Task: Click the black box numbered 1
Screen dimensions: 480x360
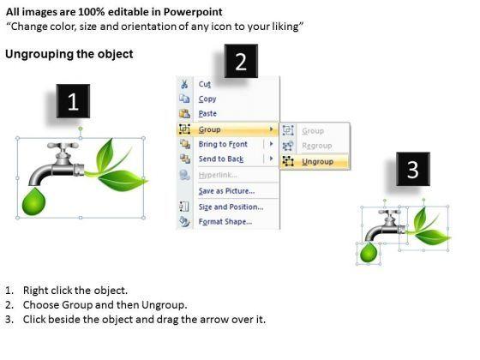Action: point(73,101)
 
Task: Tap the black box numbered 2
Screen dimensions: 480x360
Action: point(241,61)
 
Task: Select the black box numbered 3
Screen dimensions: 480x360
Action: point(413,169)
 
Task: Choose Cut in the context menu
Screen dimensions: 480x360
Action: point(205,84)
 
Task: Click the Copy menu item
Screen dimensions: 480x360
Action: point(207,99)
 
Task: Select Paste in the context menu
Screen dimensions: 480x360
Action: point(207,113)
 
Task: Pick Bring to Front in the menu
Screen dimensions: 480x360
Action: point(223,144)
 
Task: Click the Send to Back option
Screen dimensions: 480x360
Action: point(221,159)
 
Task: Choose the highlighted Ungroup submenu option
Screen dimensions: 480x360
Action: point(317,161)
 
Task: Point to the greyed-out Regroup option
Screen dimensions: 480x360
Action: point(317,146)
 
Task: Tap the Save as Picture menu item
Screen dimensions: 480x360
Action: point(226,191)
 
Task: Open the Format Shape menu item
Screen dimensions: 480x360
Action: point(225,221)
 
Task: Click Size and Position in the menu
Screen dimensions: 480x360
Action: point(231,207)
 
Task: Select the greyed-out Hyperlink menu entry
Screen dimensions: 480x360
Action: point(218,175)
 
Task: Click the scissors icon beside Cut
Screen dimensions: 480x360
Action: point(184,84)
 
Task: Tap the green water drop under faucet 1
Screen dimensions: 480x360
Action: point(33,201)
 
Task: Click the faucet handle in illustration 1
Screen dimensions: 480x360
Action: point(63,146)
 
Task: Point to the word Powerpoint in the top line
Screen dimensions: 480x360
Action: point(193,12)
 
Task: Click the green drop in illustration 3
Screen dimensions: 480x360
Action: point(369,253)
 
